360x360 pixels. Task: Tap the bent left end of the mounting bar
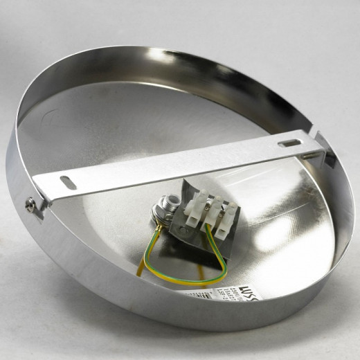[x=43, y=201]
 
